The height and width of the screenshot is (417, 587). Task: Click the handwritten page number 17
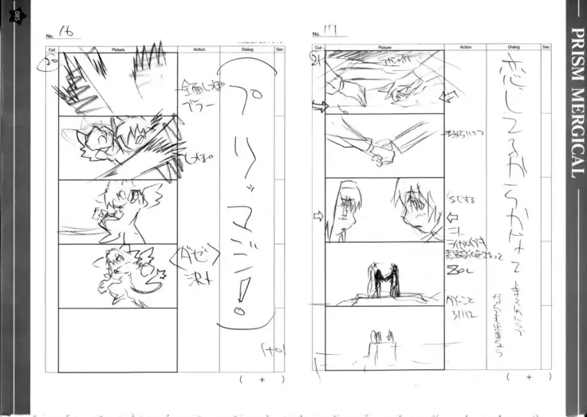point(330,33)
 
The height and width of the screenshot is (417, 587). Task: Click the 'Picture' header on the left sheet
point(118,49)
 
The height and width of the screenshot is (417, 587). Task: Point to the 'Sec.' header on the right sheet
point(546,49)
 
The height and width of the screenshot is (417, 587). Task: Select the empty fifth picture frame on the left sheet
point(118,339)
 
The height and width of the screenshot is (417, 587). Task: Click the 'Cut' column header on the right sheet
point(317,49)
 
